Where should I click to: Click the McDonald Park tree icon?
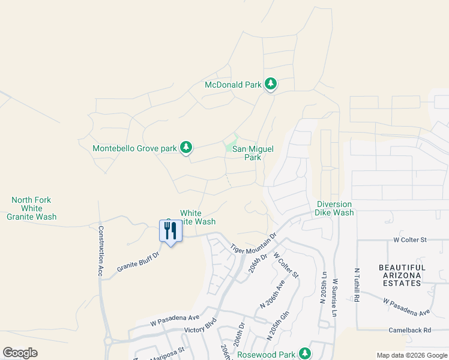click(x=271, y=84)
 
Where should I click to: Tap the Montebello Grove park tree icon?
click(x=186, y=148)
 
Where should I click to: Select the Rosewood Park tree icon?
click(x=306, y=353)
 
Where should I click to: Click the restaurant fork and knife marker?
click(x=170, y=231)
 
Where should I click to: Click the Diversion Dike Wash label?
click(x=335, y=208)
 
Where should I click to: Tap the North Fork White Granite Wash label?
click(x=31, y=208)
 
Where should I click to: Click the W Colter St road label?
click(x=409, y=240)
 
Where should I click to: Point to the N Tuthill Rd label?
click(x=357, y=285)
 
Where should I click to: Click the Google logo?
click(x=20, y=353)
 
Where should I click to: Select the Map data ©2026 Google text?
click(x=411, y=355)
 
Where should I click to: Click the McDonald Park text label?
click(x=233, y=85)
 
